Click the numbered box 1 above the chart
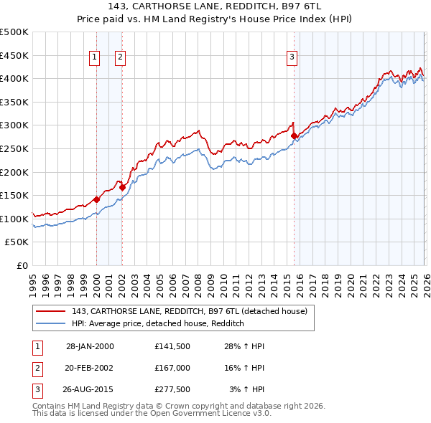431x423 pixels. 95,59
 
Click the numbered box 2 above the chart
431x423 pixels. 120,59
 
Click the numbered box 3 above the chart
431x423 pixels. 292,59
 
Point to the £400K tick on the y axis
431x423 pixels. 15,78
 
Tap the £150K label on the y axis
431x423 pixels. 15,195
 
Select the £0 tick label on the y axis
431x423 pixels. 23,265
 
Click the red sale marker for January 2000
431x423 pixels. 96,199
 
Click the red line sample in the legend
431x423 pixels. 51,311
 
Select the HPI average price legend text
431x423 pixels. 158,323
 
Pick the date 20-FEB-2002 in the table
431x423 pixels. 90,368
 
